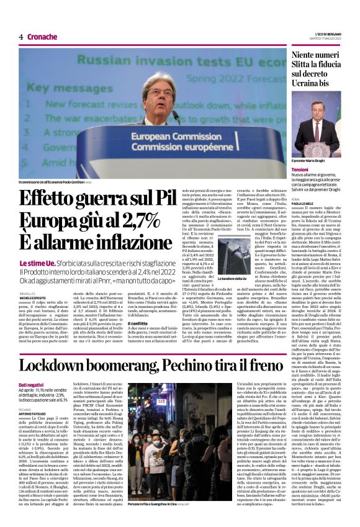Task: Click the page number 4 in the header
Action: [x=21, y=37]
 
